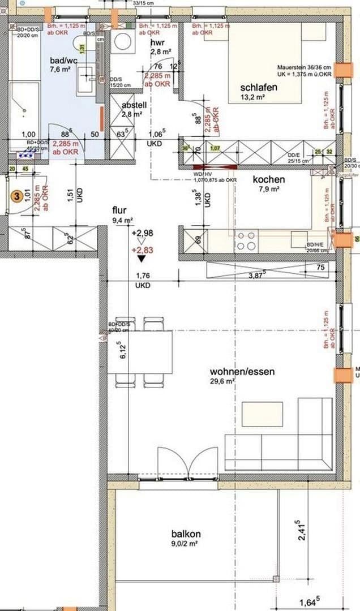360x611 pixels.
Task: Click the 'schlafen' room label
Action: tap(258, 87)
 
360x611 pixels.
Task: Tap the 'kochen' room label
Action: tap(269, 179)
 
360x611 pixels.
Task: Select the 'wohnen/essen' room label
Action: tap(242, 372)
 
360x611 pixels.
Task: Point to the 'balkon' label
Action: tap(186, 533)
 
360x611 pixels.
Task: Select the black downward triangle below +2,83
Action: tap(141, 259)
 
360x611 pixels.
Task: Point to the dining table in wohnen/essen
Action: tap(140, 352)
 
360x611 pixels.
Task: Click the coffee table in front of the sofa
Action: tap(262, 414)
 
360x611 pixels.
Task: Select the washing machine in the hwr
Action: tap(121, 41)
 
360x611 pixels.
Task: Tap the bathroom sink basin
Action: tap(87, 73)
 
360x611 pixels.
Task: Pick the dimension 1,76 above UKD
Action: tap(143, 277)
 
